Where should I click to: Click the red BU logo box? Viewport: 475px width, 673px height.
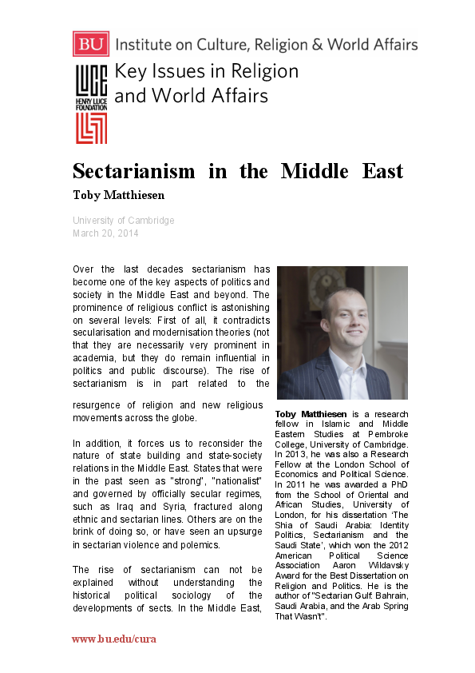click(90, 43)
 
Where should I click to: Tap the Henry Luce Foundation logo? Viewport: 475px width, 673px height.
click(91, 105)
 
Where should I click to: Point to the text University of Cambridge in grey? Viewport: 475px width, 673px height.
click(123, 221)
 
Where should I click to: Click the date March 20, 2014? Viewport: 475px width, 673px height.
click(105, 233)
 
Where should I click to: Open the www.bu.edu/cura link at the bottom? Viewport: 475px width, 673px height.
click(113, 639)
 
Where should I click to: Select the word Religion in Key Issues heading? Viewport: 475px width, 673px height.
click(255, 71)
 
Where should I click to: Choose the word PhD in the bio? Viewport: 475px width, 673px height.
click(399, 484)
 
